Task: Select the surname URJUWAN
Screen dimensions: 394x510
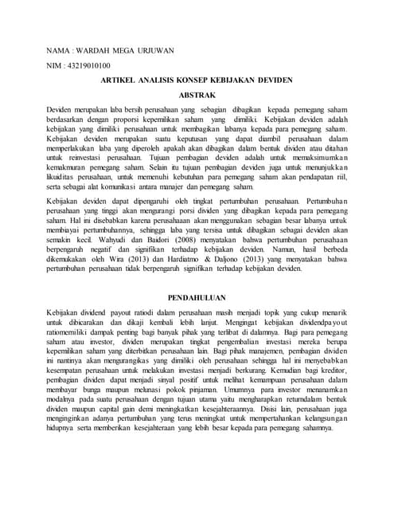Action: (155, 51)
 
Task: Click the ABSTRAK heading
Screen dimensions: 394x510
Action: (197, 93)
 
